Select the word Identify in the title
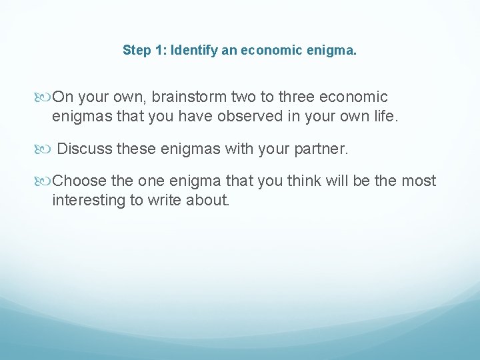(x=191, y=50)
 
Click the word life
(x=383, y=117)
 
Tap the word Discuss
(x=85, y=149)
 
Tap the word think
(x=304, y=181)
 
